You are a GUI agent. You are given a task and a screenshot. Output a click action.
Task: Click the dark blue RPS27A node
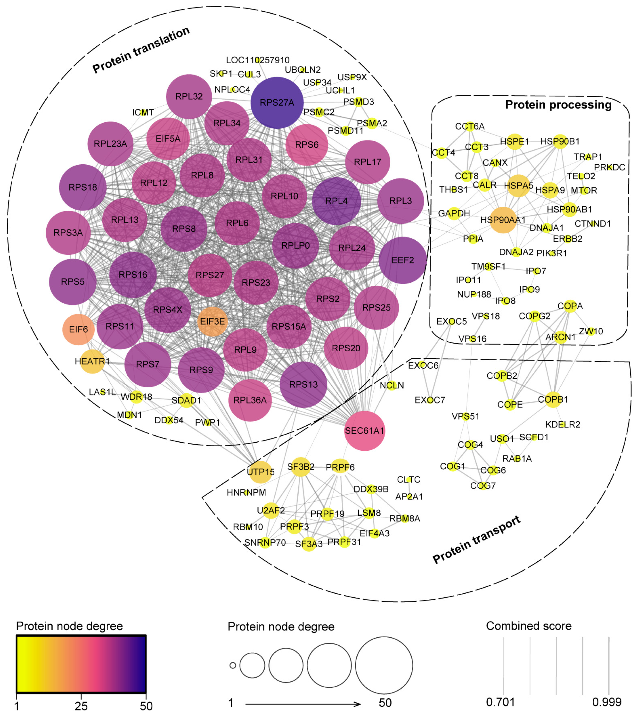[277, 103]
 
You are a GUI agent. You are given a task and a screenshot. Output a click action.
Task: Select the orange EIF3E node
[213, 321]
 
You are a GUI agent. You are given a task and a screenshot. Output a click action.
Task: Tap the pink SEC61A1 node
[365, 430]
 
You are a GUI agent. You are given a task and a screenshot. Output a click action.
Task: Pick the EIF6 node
[78, 329]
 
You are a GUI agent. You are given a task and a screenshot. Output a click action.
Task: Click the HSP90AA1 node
[503, 220]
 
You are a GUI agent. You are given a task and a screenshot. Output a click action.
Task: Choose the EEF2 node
[403, 260]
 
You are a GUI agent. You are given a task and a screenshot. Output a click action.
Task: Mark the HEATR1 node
[92, 361]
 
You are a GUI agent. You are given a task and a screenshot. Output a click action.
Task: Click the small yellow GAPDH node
[454, 213]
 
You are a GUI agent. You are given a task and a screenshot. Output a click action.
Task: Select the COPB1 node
[553, 400]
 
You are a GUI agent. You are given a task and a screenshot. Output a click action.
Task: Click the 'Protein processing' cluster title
[558, 105]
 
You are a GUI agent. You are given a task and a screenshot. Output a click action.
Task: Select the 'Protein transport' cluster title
[476, 540]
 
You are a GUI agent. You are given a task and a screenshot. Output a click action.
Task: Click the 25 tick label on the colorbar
[81, 706]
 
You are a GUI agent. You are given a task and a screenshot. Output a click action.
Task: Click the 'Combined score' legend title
[529, 626]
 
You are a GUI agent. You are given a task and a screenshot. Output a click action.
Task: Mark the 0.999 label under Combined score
[606, 702]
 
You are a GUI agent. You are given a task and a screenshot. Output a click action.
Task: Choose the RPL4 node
[336, 201]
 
